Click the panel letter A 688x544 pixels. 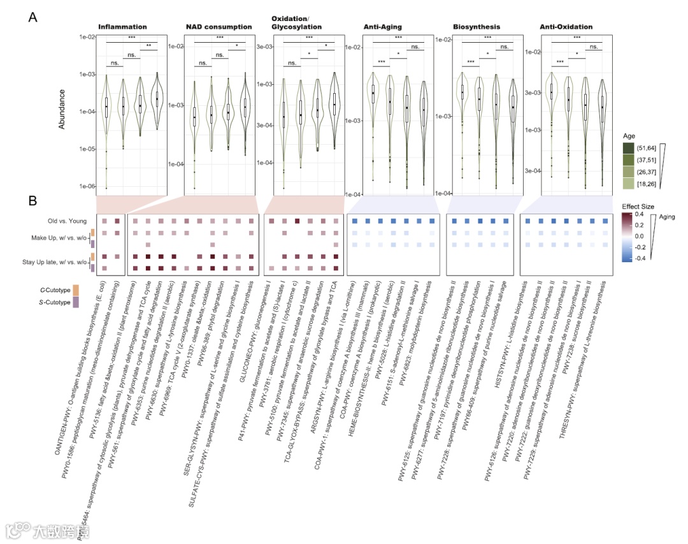33,17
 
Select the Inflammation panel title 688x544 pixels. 122,27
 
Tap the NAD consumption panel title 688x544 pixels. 219,27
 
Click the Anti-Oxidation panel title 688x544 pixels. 566,27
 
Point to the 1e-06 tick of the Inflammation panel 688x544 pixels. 87,186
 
